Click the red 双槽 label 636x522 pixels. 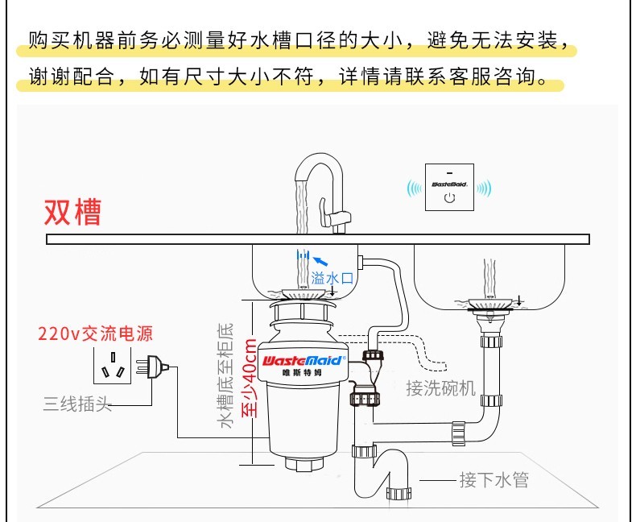point(72,211)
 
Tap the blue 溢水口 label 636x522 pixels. point(332,279)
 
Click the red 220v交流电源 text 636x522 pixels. point(96,333)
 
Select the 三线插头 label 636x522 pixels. point(76,404)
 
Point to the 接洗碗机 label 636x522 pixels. point(441,388)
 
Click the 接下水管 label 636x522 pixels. point(494,481)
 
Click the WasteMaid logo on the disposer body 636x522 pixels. point(303,361)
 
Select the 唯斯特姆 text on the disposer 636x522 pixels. point(303,373)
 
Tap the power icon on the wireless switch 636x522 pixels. point(449,197)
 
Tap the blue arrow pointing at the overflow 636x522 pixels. point(320,260)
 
